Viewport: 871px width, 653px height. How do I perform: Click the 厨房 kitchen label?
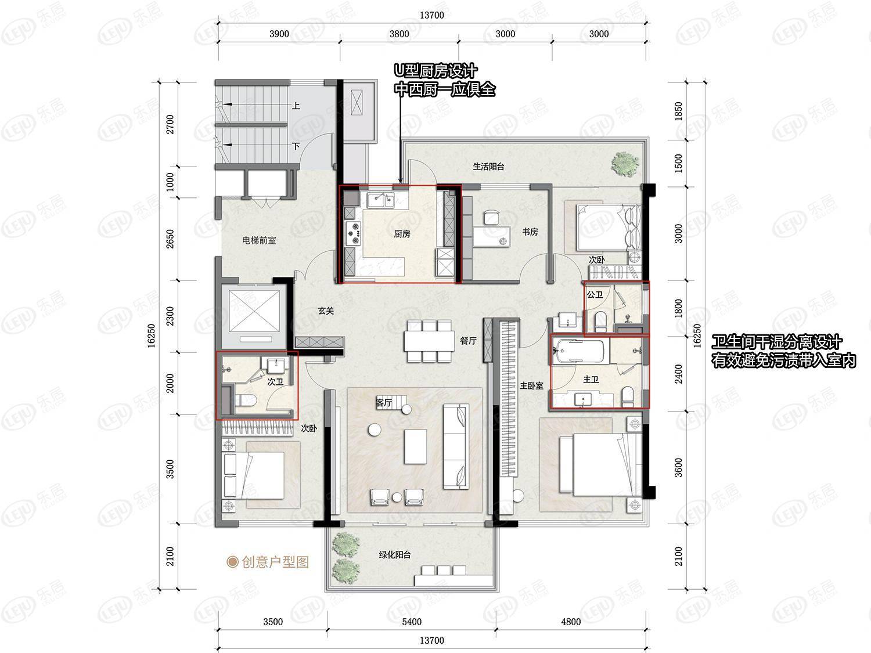click(x=402, y=234)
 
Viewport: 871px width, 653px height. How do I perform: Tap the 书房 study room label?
click(x=530, y=232)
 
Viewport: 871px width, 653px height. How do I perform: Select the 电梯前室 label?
click(x=259, y=240)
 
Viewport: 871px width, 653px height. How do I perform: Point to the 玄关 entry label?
click(x=326, y=311)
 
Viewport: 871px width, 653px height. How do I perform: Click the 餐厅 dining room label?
click(x=468, y=341)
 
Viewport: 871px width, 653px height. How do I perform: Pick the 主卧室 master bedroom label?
click(x=532, y=386)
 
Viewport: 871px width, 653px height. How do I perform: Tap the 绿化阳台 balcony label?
click(x=394, y=555)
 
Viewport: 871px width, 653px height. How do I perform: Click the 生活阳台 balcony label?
click(x=488, y=167)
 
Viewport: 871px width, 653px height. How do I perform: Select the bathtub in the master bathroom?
click(x=580, y=351)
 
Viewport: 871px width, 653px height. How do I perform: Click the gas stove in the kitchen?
click(x=353, y=232)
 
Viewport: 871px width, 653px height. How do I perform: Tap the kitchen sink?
click(x=380, y=201)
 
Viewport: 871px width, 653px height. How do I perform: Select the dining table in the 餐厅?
click(x=429, y=341)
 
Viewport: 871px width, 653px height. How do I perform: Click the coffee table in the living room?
click(x=415, y=446)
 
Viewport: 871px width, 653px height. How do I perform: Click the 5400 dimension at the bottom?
click(x=412, y=622)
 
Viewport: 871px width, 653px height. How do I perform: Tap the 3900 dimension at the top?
click(x=279, y=34)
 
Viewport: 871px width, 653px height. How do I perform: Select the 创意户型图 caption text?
click(x=275, y=562)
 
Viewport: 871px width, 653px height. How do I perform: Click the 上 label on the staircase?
click(x=296, y=106)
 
